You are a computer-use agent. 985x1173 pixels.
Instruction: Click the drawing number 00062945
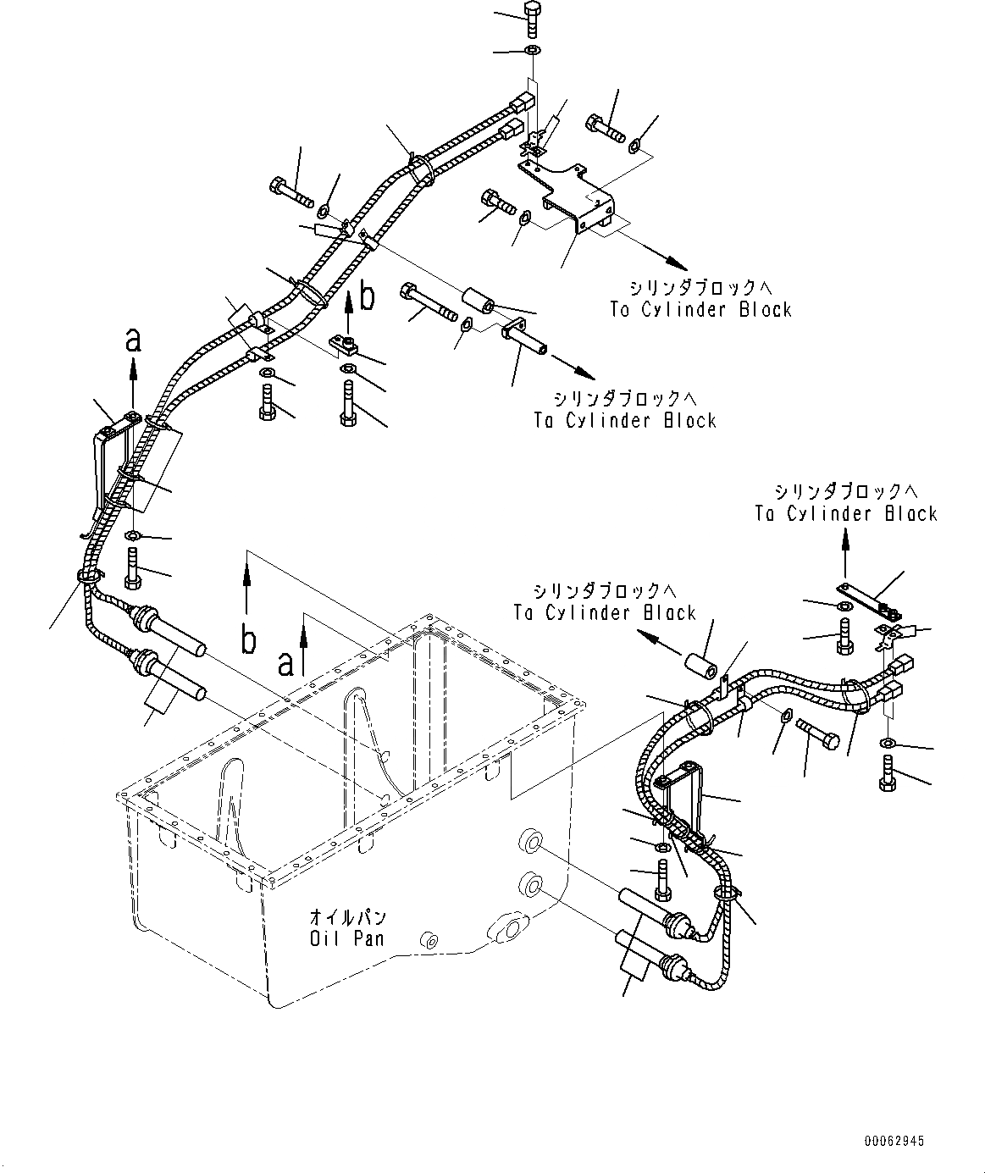point(894,1141)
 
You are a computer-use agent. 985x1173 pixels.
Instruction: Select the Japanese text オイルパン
point(347,918)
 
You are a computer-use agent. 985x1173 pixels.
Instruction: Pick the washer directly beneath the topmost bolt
point(531,53)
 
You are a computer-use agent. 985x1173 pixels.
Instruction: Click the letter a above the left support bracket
point(132,341)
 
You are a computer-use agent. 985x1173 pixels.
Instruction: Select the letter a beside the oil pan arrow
point(286,662)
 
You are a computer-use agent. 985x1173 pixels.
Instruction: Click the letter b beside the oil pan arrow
point(247,641)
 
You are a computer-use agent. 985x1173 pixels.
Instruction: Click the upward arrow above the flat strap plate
point(844,551)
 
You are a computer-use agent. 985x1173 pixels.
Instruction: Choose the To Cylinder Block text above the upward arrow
point(846,503)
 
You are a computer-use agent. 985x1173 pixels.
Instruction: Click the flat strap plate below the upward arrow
point(866,599)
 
